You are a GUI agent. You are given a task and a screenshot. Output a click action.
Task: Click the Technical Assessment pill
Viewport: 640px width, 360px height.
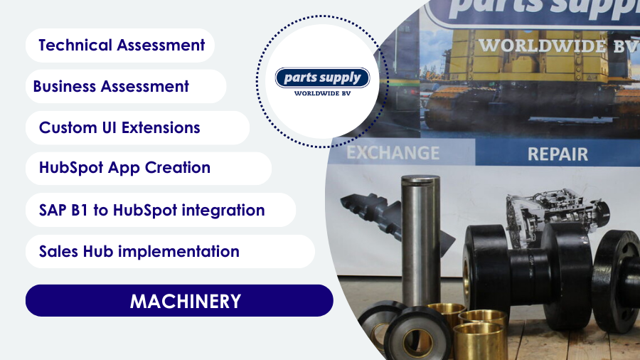pos(120,46)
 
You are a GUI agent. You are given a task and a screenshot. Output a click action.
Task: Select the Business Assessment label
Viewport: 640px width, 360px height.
pos(126,86)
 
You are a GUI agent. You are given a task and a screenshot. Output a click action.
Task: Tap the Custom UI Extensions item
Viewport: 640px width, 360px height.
pos(137,128)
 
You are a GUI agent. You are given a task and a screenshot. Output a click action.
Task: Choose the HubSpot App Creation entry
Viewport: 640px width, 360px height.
pos(149,168)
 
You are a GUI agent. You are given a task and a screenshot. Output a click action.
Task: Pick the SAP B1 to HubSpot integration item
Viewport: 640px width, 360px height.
pos(161,210)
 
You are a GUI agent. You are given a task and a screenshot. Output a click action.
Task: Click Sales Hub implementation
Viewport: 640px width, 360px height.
pos(170,251)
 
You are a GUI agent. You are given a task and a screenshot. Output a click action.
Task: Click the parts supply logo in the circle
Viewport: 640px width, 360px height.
pos(322,78)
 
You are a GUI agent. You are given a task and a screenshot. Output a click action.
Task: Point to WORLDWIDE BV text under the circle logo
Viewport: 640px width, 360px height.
pos(322,93)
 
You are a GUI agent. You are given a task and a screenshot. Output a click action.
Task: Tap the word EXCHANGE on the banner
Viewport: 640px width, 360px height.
pos(393,153)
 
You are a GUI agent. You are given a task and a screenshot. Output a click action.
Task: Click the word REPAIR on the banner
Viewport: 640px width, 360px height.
pos(558,154)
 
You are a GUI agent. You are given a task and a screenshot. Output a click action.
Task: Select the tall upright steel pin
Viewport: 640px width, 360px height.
pos(420,240)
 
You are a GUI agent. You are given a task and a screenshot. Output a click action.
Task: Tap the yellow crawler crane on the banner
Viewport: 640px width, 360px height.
pos(526,78)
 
